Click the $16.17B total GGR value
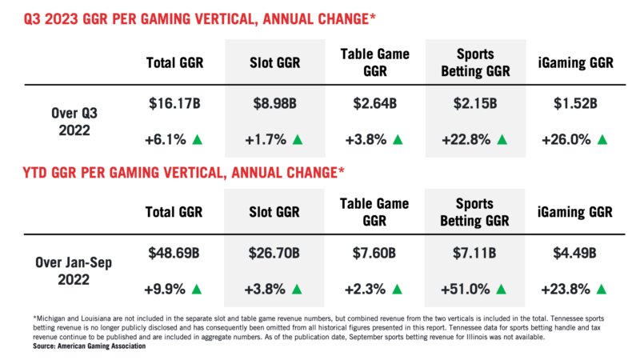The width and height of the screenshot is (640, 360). tap(174, 103)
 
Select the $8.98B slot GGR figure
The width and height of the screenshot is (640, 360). tap(274, 103)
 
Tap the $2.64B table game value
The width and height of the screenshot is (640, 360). tap(374, 103)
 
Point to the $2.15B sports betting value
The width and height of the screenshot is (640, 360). tap(475, 103)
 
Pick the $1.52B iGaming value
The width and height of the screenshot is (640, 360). tap(574, 103)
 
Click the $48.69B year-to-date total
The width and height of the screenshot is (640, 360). tap(174, 254)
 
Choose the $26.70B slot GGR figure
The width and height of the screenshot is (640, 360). tap(274, 254)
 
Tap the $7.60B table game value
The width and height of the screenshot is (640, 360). tap(374, 254)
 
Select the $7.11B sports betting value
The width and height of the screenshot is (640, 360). tap(475, 254)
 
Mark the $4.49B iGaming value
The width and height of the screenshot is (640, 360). tap(574, 254)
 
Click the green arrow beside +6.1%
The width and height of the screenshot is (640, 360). tap(197, 140)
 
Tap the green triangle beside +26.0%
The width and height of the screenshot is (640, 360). tap(602, 140)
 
